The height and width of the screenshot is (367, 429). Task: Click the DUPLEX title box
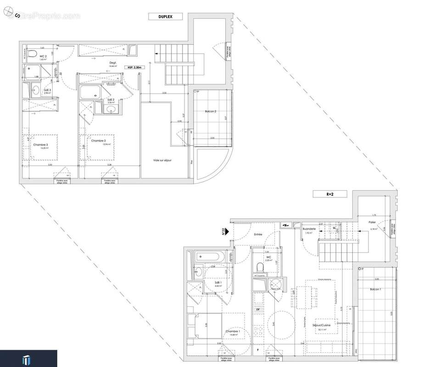pyautogui.click(x=165, y=17)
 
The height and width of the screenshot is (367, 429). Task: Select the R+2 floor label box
pyautogui.click(x=330, y=194)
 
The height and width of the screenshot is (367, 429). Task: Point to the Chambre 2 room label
pyautogui.click(x=98, y=141)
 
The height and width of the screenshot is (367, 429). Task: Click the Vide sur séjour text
pyautogui.click(x=162, y=160)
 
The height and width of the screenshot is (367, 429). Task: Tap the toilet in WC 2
pyautogui.click(x=31, y=56)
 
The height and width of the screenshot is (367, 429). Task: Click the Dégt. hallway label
pyautogui.click(x=112, y=63)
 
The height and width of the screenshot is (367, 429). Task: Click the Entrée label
pyautogui.click(x=258, y=234)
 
